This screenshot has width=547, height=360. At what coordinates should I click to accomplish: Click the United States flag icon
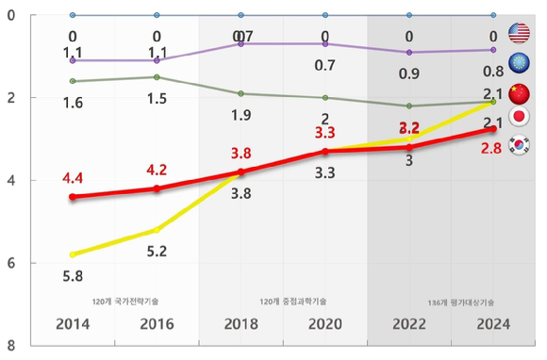pyautogui.click(x=519, y=33)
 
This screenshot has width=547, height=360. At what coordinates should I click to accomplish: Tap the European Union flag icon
pyautogui.click(x=519, y=63)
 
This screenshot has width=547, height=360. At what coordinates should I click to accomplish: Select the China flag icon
pyautogui.click(x=519, y=94)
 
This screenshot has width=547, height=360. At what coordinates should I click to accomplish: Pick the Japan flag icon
pyautogui.click(x=519, y=119)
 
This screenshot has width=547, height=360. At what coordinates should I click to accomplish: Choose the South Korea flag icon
pyautogui.click(x=519, y=146)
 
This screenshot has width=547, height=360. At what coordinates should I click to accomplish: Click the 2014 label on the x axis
pyautogui.click(x=73, y=324)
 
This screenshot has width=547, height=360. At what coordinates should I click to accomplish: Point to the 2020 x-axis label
pyautogui.click(x=325, y=324)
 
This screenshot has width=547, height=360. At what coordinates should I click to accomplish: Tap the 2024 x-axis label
pyautogui.click(x=493, y=324)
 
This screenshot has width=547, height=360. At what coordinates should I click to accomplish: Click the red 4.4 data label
pyautogui.click(x=73, y=176)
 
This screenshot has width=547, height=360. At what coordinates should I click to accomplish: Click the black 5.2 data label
pyautogui.click(x=157, y=251)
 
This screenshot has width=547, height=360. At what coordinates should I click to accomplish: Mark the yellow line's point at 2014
pyautogui.click(x=73, y=254)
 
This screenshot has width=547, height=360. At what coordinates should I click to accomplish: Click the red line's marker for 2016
pyautogui.click(x=157, y=188)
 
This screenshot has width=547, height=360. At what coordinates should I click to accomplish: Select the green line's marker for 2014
pyautogui.click(x=73, y=81)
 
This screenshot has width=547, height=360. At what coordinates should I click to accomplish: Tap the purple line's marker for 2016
pyautogui.click(x=157, y=60)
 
